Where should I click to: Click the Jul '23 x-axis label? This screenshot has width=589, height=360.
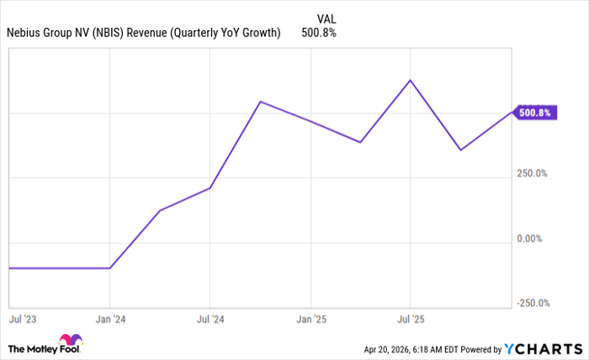pyautogui.click(x=21, y=320)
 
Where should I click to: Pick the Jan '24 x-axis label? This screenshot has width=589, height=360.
pyautogui.click(x=110, y=320)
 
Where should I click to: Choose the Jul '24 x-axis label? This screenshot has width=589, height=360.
pyautogui.click(x=210, y=320)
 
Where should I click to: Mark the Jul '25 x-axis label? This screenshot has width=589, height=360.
pyautogui.click(x=410, y=320)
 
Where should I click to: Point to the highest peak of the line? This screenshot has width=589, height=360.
pyautogui.click(x=410, y=80)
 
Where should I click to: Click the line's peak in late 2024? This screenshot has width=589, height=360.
pyautogui.click(x=260, y=102)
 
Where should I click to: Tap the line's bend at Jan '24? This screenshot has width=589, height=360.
pyautogui.click(x=110, y=268)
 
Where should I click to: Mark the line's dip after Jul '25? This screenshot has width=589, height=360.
pyautogui.click(x=460, y=150)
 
